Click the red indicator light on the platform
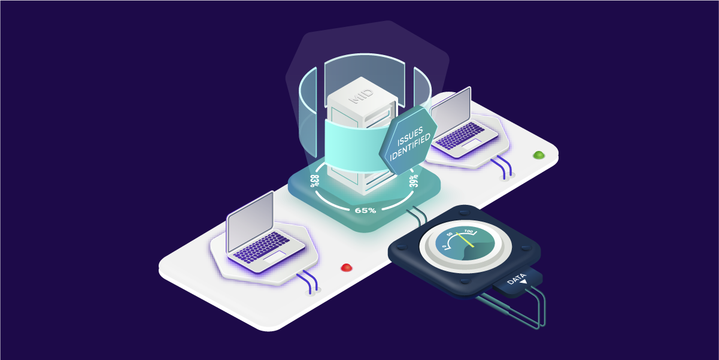[x=346, y=267]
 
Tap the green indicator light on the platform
[x=539, y=155]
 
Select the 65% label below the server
[x=365, y=210]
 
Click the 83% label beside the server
[x=314, y=179]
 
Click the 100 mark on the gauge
[x=468, y=231]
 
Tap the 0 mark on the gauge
[x=444, y=246]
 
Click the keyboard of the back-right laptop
[x=462, y=135]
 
